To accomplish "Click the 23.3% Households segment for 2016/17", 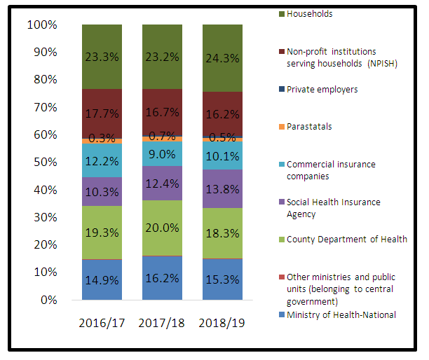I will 102,56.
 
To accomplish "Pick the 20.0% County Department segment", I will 162,228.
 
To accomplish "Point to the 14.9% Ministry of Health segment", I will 102,280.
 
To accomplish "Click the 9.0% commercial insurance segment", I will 162,153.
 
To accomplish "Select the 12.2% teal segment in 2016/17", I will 102,160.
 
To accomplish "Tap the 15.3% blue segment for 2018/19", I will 222,279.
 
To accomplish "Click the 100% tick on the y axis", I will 41,25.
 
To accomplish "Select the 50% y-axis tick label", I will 44,162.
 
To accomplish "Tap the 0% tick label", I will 49,300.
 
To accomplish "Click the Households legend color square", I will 280,14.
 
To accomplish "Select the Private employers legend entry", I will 322,90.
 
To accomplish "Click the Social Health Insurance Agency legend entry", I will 333,207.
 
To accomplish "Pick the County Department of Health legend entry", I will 346,240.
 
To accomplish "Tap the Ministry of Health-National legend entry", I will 341,314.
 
